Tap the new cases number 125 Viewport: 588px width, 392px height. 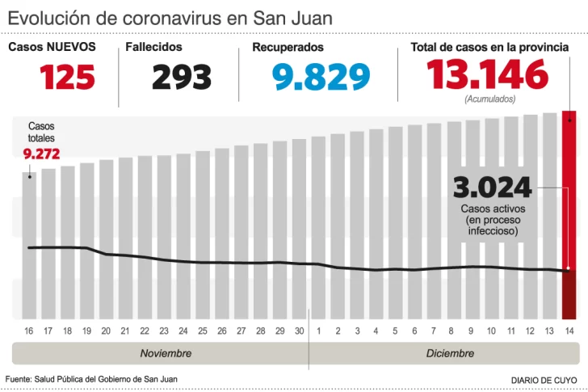point(67,77)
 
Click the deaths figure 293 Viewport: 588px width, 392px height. point(182,77)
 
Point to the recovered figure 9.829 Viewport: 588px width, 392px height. point(321,77)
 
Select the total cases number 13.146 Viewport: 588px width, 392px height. point(488,76)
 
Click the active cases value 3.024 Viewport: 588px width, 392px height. point(493,188)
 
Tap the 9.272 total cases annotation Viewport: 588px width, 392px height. point(41,154)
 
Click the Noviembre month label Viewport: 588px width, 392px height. point(166,353)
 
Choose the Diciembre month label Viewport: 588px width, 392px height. point(450,353)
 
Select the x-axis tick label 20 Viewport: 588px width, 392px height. point(106,331)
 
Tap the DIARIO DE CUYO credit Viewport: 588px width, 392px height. point(544,380)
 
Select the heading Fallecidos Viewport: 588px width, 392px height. point(153,48)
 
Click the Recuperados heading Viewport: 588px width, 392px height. point(288,48)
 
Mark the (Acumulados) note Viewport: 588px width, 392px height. point(489,99)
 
